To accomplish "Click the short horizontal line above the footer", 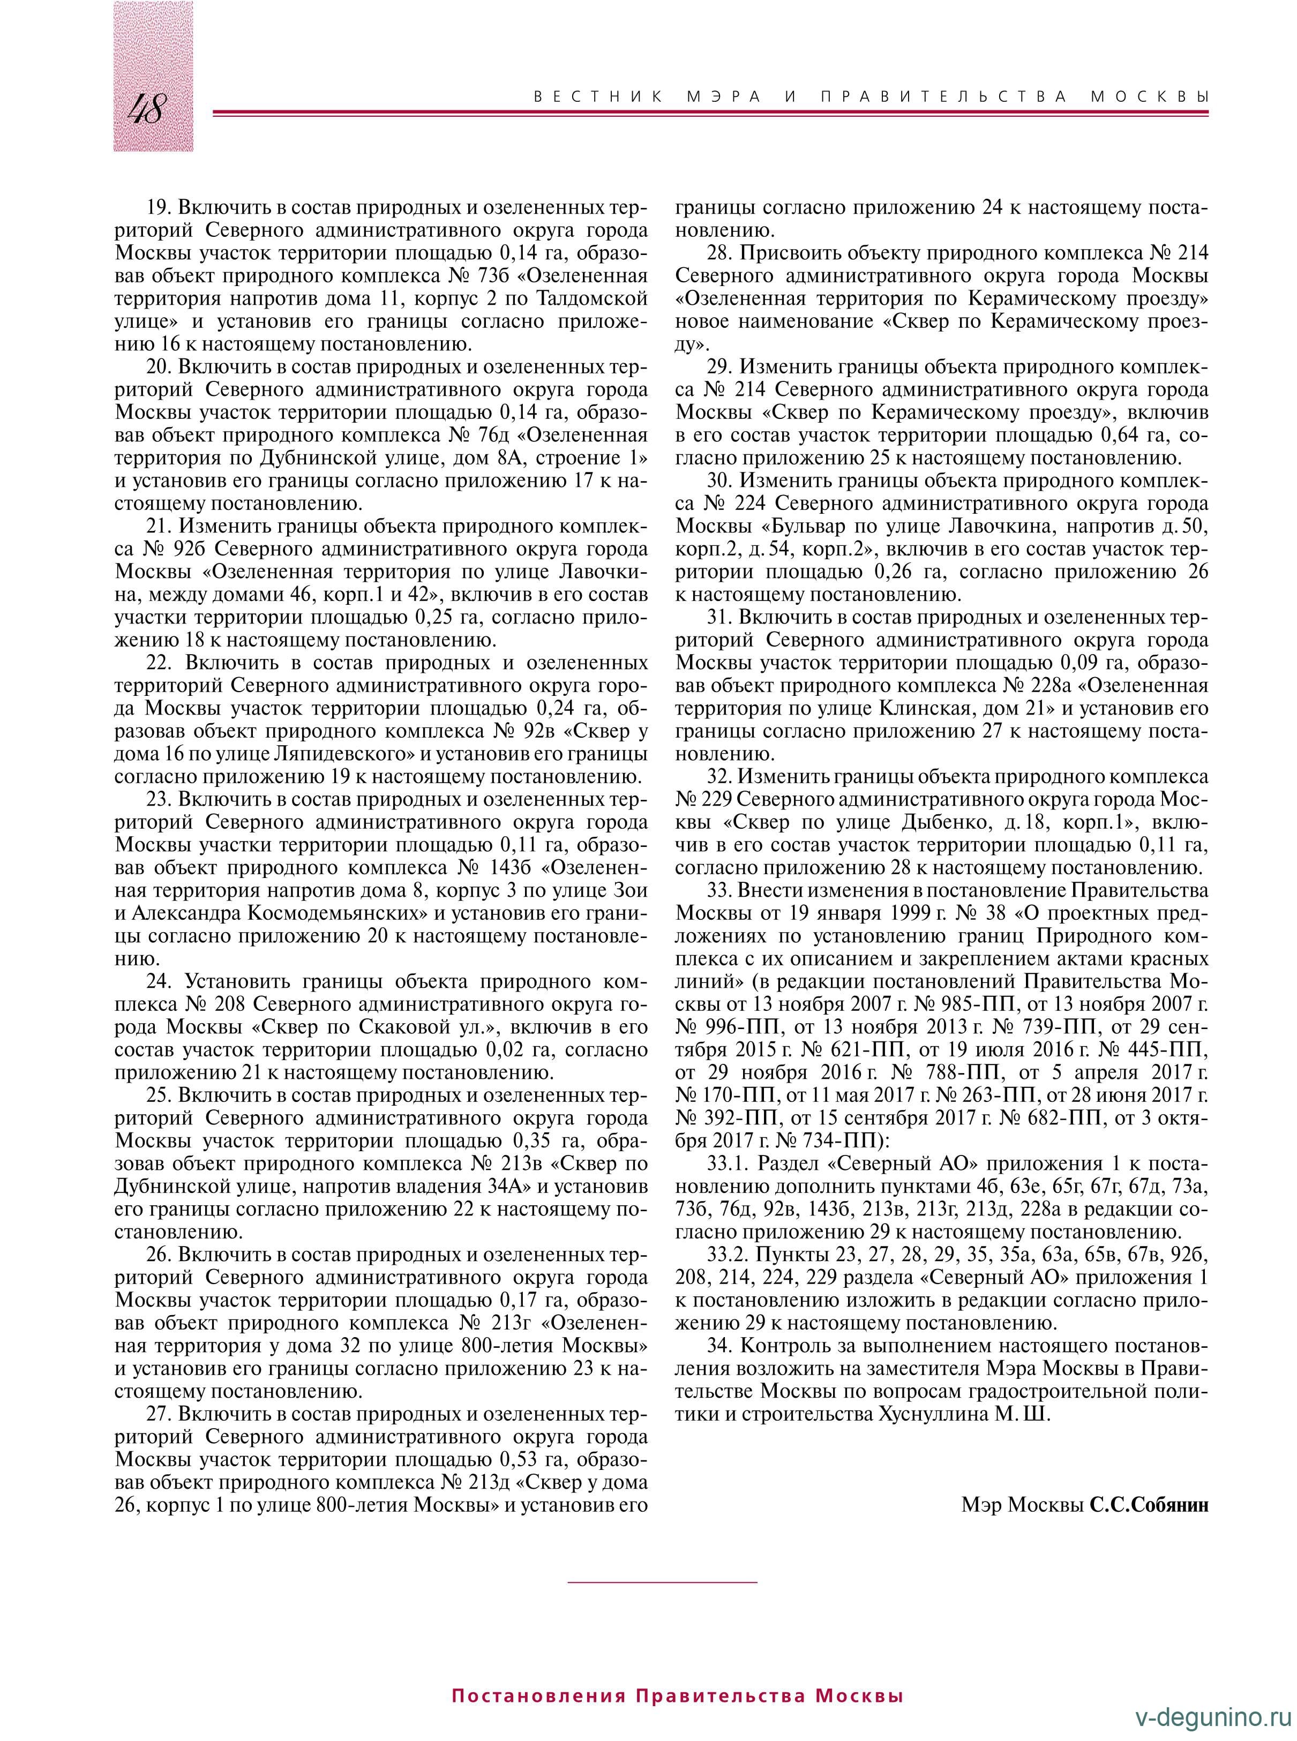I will tap(662, 1581).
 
